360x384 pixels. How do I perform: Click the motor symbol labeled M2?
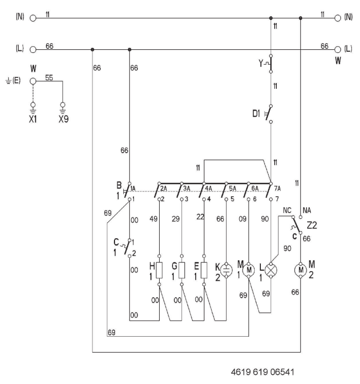tap(300, 270)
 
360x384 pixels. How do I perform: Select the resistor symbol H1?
tap(160, 270)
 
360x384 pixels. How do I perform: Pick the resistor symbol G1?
tap(182, 270)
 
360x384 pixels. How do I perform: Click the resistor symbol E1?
tap(204, 270)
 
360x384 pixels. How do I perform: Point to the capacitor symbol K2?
tap(226, 270)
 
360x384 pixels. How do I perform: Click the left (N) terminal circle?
tap(34, 18)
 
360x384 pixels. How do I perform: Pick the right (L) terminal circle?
tap(337, 50)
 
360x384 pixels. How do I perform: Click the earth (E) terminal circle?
tap(34, 81)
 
